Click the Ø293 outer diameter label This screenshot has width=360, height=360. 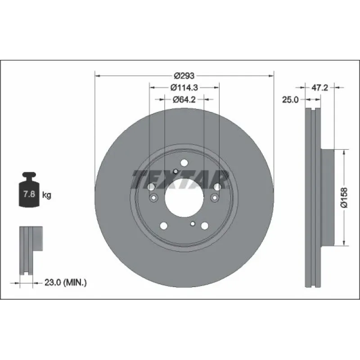184,76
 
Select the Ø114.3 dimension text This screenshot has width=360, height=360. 184,87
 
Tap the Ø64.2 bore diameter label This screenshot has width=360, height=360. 184,99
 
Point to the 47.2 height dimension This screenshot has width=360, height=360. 320,87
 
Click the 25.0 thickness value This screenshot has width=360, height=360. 290,99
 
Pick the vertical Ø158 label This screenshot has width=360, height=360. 344,198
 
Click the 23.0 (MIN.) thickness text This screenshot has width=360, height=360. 65,283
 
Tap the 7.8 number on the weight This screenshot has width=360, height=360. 29,194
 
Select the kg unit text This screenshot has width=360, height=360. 47,195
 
